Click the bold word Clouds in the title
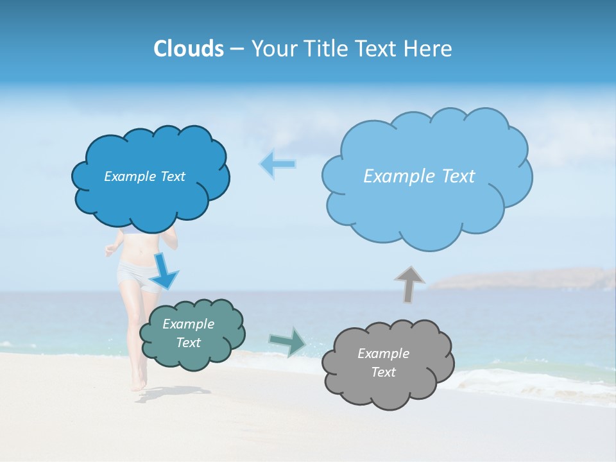click(x=188, y=49)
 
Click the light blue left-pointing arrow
click(x=277, y=164)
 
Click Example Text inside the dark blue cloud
click(x=144, y=176)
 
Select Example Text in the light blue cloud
click(x=419, y=176)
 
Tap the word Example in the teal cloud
click(x=188, y=324)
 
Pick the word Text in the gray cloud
click(x=383, y=372)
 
